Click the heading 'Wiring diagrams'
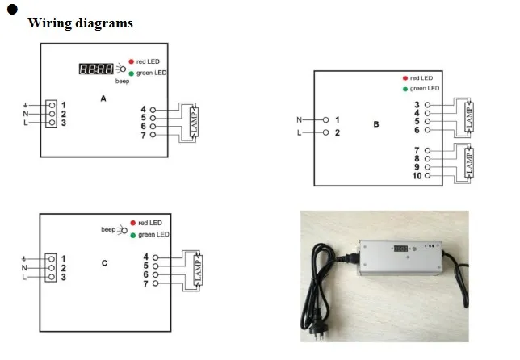pyautogui.click(x=81, y=23)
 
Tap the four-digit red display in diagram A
pyautogui.click(x=96, y=69)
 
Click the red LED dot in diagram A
pyautogui.click(x=130, y=61)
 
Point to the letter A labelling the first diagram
pyautogui.click(x=103, y=98)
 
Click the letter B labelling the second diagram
pyautogui.click(x=376, y=124)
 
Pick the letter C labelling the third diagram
pyautogui.click(x=105, y=263)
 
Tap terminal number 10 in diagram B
pyautogui.click(x=417, y=175)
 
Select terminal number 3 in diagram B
pyautogui.click(x=417, y=104)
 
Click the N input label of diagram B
pyautogui.click(x=300, y=119)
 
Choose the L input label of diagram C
pyautogui.click(x=24, y=277)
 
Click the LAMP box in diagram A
pyautogui.click(x=193, y=122)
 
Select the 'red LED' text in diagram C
pyautogui.click(x=151, y=222)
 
